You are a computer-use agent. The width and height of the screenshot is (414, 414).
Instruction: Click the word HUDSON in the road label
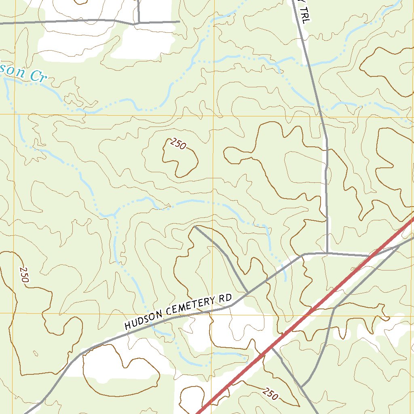coord(142,320)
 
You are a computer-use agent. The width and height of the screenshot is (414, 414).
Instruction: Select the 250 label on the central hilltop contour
coord(178,144)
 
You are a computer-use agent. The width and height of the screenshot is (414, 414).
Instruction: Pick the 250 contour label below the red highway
coord(270,393)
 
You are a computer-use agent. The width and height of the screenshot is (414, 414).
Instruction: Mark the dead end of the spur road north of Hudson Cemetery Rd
coord(195,227)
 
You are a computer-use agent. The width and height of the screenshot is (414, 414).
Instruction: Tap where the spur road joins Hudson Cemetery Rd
coord(248,292)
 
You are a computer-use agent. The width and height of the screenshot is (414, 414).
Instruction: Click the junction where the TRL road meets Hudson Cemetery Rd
coord(327,253)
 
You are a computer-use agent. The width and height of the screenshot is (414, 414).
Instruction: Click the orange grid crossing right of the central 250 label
coord(213,116)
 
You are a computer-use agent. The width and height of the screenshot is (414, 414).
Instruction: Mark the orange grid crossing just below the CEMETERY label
coord(211,313)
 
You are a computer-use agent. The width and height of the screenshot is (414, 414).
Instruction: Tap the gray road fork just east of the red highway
coord(399,245)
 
